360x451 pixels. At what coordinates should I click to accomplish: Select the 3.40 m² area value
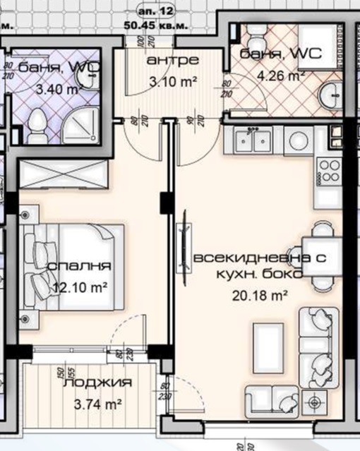coord(61,89)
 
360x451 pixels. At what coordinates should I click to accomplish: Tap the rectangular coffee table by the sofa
coord(268,345)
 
